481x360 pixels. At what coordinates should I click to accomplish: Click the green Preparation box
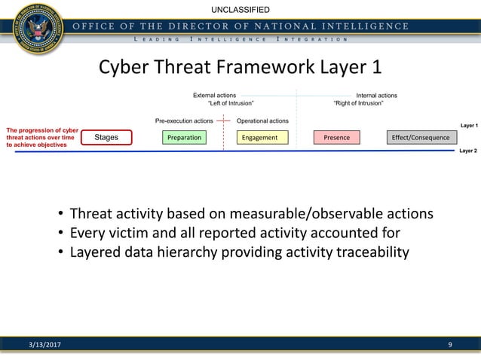pos(184,138)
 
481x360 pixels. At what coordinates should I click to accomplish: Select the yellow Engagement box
pos(259,138)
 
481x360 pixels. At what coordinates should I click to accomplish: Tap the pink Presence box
pos(336,138)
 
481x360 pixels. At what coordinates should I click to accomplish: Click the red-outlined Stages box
pos(106,138)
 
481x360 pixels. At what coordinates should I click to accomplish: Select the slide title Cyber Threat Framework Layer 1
pos(240,67)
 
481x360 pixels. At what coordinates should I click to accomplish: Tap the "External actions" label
pos(214,96)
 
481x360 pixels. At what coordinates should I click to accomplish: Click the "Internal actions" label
pos(376,96)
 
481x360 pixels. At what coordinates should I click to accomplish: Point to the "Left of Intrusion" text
pos(230,104)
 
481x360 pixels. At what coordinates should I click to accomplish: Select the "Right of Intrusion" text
pos(358,104)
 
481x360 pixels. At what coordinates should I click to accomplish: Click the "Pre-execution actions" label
pos(184,121)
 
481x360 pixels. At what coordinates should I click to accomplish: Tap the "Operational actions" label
pos(262,121)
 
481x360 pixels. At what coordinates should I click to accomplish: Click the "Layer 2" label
pos(468,151)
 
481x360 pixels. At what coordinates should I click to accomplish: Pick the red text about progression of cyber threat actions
pos(42,138)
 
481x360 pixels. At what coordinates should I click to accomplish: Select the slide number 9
pos(450,346)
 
